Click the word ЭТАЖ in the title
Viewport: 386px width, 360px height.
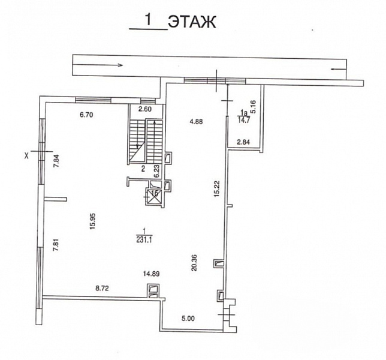coord(192,22)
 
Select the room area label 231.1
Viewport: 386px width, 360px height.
coord(144,240)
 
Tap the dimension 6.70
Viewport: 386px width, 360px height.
coord(86,115)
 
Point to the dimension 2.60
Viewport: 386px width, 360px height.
coord(145,109)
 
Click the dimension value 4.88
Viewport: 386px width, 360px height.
coord(196,121)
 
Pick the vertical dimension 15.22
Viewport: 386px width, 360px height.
coord(216,189)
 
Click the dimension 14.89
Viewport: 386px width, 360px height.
coord(152,274)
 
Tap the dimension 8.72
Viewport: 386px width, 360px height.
coord(102,288)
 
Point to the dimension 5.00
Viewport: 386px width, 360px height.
coord(188,319)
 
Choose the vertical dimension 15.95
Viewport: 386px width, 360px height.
coord(93,221)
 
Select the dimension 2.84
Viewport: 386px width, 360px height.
coord(243,142)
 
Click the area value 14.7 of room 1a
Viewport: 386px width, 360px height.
coord(243,121)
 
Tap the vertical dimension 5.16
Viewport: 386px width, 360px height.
coord(253,106)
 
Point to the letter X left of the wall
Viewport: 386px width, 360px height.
coord(26,155)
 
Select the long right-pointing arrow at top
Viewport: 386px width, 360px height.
coord(98,65)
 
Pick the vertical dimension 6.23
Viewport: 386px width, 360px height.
coord(157,171)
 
